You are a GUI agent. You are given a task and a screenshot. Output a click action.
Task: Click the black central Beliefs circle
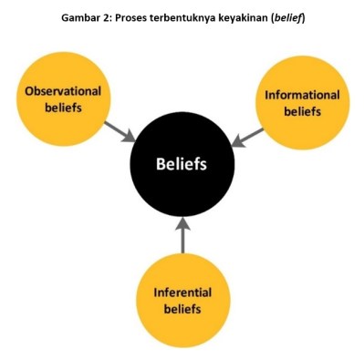pos(182,166)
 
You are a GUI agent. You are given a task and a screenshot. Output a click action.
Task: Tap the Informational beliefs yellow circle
pos(301,102)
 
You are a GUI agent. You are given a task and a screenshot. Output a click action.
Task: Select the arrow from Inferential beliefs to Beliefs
pos(182,236)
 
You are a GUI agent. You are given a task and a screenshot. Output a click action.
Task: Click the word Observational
pos(63,91)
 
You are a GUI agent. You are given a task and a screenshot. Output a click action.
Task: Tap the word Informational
pos(301,95)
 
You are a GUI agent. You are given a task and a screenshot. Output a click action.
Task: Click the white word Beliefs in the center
pos(182,166)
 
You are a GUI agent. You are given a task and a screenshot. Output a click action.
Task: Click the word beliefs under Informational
pos(301,111)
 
